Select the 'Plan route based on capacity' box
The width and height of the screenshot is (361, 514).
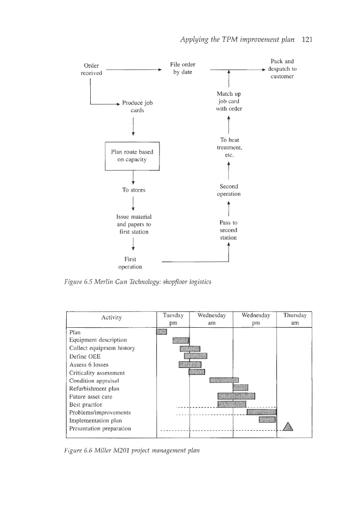[132, 156]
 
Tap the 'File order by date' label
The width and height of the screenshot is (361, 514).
[183, 68]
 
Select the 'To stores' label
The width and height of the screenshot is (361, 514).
[133, 190]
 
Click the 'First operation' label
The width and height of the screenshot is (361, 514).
[133, 263]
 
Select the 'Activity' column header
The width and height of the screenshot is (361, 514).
[110, 318]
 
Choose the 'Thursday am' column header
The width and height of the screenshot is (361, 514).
[294, 319]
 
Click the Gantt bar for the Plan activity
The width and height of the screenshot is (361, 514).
[161, 331]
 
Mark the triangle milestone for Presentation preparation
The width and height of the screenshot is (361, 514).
[288, 427]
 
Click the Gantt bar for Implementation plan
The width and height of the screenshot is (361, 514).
[267, 420]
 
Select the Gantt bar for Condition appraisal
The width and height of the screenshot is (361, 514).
[224, 379]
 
